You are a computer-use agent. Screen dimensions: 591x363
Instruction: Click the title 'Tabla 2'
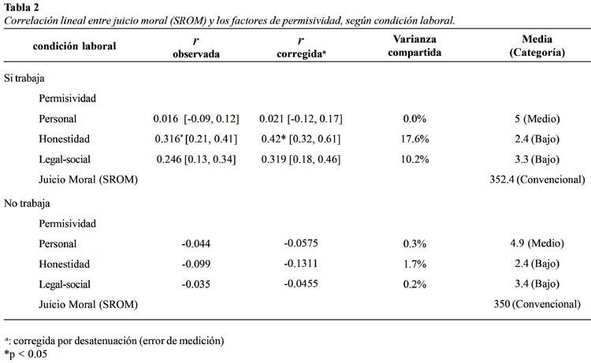pyautogui.click(x=21, y=7)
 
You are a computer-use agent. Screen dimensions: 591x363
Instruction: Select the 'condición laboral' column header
pyautogui.click(x=74, y=46)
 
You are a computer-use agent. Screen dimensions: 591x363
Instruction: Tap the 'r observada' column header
pyautogui.click(x=196, y=46)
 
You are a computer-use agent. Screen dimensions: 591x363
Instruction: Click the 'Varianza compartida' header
pyautogui.click(x=414, y=46)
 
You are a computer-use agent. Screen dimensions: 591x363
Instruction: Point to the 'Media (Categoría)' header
pyautogui.click(x=537, y=46)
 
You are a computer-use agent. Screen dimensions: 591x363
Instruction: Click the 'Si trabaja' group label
pyautogui.click(x=24, y=78)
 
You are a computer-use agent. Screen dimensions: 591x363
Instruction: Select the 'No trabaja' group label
pyautogui.click(x=27, y=203)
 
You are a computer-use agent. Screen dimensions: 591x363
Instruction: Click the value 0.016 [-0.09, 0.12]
pyautogui.click(x=196, y=119)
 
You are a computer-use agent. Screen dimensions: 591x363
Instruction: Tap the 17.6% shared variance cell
pyautogui.click(x=414, y=139)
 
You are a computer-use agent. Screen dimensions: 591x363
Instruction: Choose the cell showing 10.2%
pyautogui.click(x=414, y=159)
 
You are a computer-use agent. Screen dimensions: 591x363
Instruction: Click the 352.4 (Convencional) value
pyautogui.click(x=537, y=180)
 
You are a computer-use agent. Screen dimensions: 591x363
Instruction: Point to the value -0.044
pyautogui.click(x=196, y=243)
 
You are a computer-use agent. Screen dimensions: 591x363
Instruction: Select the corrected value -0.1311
pyautogui.click(x=301, y=263)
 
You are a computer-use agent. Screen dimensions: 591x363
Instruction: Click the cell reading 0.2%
pyautogui.click(x=414, y=284)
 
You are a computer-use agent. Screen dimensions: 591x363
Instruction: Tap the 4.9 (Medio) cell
pyautogui.click(x=537, y=243)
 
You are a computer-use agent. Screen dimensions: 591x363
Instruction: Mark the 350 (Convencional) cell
pyautogui.click(x=537, y=304)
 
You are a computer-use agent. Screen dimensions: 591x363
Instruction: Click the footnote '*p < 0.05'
pyautogui.click(x=26, y=354)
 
